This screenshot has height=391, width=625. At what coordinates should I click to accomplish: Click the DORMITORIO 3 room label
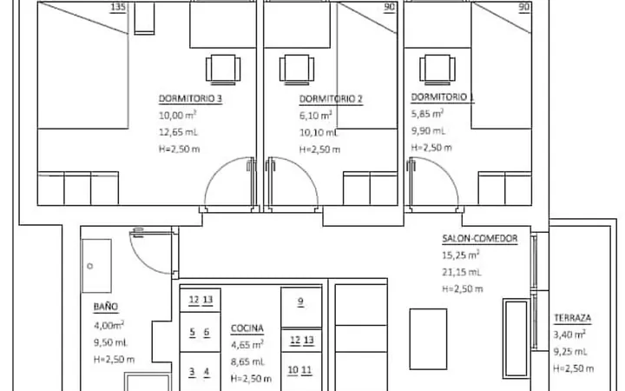(x=190, y=98)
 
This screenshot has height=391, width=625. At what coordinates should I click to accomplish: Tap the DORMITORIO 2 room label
(x=331, y=99)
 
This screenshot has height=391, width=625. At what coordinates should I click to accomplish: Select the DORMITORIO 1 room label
(x=443, y=97)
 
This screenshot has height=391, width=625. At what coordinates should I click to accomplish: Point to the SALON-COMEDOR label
(x=480, y=239)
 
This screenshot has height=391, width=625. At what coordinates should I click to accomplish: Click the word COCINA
(x=247, y=328)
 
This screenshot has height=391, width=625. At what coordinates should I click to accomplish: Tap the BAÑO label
(x=106, y=307)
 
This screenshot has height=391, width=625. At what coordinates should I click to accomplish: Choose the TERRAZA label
(x=572, y=318)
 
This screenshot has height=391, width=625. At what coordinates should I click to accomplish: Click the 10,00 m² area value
(x=177, y=116)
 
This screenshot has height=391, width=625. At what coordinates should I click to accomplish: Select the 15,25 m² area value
(x=460, y=255)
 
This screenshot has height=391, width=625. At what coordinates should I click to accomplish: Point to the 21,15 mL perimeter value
(x=462, y=272)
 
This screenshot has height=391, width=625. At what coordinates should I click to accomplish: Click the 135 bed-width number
(x=118, y=7)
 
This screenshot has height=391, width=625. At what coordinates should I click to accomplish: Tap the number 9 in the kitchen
(x=300, y=302)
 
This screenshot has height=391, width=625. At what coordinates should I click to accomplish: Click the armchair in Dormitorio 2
(x=297, y=70)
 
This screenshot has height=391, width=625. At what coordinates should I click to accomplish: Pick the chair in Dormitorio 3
(x=223, y=70)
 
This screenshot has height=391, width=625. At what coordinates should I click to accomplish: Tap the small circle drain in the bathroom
(x=90, y=266)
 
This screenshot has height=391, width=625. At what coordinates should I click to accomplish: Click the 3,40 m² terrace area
(x=569, y=335)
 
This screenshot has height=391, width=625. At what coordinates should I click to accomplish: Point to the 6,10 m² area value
(x=316, y=116)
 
